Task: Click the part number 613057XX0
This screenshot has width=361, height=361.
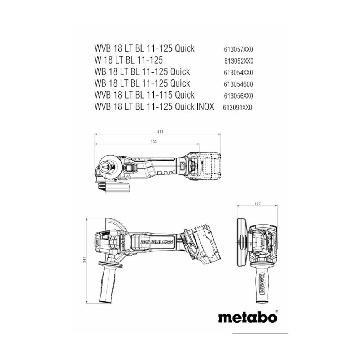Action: (238, 49)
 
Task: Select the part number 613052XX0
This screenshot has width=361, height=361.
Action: (239, 61)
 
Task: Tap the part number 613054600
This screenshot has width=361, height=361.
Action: (238, 84)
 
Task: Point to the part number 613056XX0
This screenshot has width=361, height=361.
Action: (238, 96)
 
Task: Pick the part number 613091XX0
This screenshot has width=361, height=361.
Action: (238, 108)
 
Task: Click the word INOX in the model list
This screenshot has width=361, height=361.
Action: (205, 106)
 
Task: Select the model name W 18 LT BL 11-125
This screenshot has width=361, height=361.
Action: (129, 60)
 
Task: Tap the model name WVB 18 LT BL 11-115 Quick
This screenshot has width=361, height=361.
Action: (144, 95)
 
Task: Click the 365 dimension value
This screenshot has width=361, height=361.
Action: (160, 132)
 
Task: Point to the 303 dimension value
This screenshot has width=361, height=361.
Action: (153, 142)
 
